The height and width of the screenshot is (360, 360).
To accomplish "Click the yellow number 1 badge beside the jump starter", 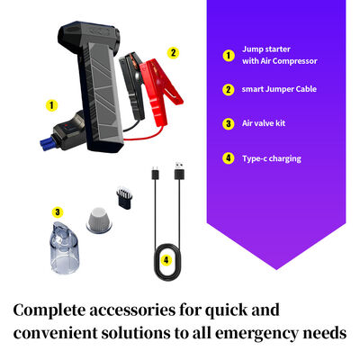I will (x=51, y=105).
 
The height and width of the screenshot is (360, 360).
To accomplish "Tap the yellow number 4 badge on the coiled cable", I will (x=165, y=260).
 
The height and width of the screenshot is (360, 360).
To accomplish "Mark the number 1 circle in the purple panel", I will (x=229, y=56).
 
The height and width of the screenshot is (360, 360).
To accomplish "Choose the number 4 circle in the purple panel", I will (x=229, y=158).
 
